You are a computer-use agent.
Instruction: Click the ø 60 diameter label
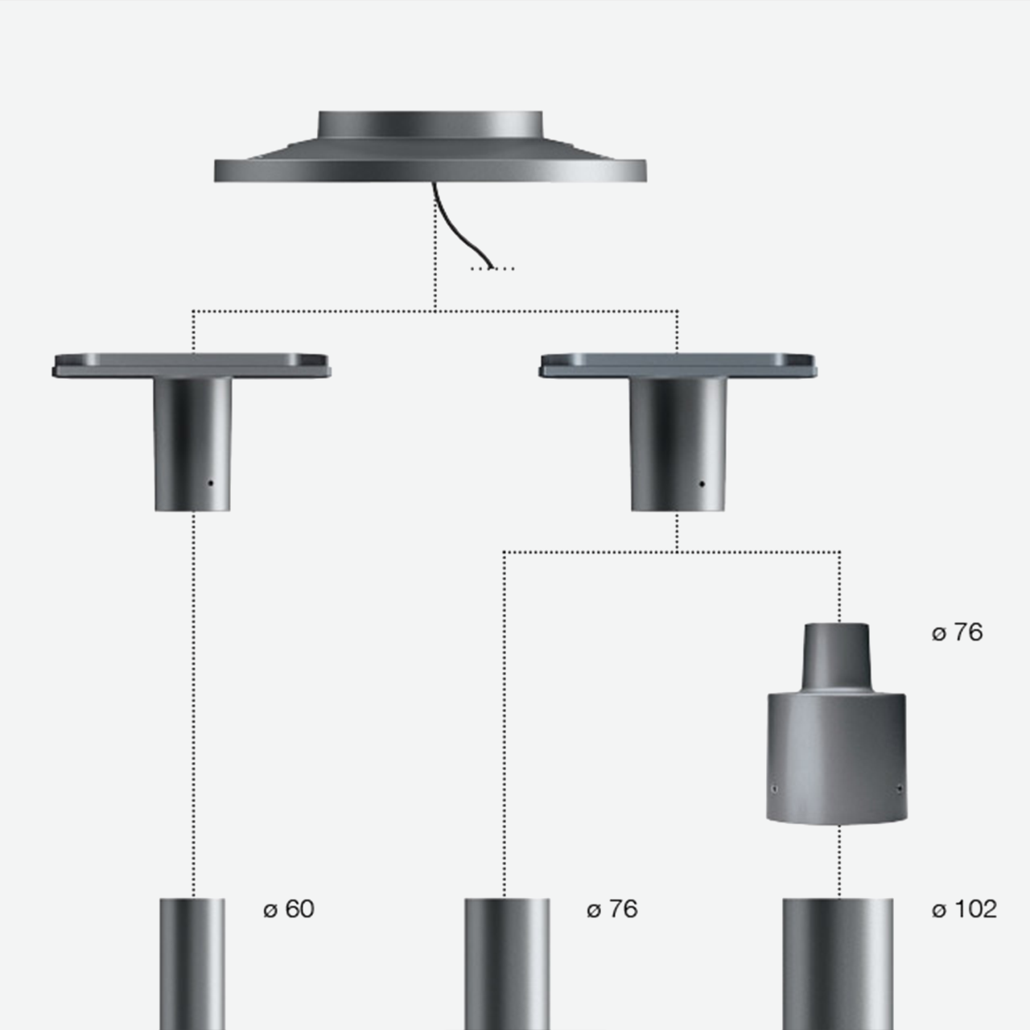(x=289, y=909)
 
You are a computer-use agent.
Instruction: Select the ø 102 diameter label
(x=964, y=909)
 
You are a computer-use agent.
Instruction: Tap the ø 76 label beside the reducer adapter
(x=957, y=632)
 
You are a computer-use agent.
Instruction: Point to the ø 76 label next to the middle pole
(x=612, y=909)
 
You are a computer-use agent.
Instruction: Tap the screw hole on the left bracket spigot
(x=211, y=483)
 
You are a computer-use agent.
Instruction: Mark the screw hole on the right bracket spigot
(x=702, y=484)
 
